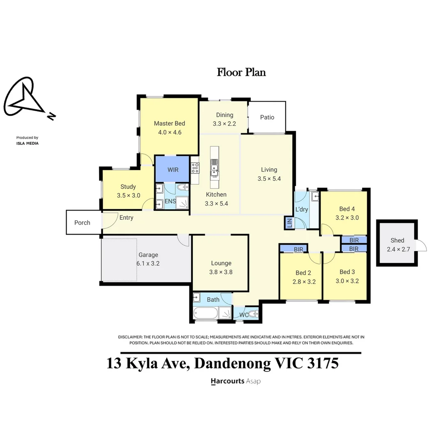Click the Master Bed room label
click(169, 123)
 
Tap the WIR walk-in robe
click(172, 169)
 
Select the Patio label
click(267, 117)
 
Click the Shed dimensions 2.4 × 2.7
click(398, 249)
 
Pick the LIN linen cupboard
click(289, 222)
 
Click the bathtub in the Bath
click(206, 313)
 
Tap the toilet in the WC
click(253, 314)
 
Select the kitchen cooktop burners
click(195, 168)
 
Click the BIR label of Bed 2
click(298, 250)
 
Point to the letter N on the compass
click(51, 116)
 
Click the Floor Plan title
click(241, 72)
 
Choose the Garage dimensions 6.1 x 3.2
click(148, 264)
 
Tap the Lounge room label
click(221, 263)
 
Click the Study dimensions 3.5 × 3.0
click(129, 195)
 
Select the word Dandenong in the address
click(232, 363)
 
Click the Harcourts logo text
click(227, 381)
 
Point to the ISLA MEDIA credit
click(28, 143)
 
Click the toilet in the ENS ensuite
click(183, 187)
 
